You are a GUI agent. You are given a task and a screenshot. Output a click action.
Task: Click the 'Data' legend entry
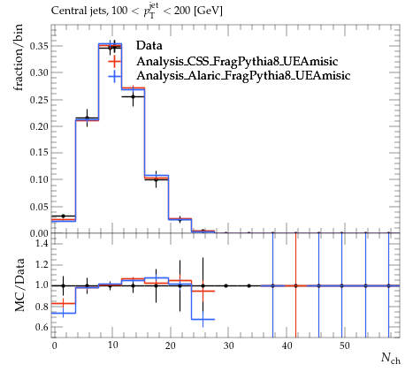pos(149,46)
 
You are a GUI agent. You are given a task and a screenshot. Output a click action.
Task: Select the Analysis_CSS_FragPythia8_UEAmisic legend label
pos(237,61)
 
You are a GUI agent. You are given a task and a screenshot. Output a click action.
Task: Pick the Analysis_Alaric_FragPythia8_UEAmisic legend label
pos(243,76)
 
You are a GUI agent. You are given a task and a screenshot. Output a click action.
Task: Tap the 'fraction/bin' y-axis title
pos(19,57)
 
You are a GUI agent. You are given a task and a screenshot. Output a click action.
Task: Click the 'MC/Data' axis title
pos(19,285)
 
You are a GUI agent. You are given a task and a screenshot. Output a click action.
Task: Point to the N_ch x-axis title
pos(391,358)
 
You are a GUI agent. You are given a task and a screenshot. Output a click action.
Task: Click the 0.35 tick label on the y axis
pos(39,46)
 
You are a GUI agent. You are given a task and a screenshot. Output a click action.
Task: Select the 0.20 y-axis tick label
pos(39,126)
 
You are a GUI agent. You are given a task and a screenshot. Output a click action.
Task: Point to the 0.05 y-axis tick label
pos(39,207)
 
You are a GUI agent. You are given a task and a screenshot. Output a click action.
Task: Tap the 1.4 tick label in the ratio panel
pos(42,243)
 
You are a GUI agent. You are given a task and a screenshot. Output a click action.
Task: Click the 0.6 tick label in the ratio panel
pos(42,327)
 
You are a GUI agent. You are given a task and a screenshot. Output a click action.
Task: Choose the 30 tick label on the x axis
pos(228,345)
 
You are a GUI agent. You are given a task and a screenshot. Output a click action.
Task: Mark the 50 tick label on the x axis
pos(345,345)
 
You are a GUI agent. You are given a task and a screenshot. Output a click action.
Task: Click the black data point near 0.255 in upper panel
pos(133,96)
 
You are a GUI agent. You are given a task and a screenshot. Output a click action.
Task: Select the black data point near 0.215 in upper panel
pos(87,118)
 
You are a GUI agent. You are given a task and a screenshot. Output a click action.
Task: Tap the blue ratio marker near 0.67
pos(203,319)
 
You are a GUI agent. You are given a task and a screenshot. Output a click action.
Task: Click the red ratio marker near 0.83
pos(63,303)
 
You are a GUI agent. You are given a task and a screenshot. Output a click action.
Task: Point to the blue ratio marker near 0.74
pos(63,313)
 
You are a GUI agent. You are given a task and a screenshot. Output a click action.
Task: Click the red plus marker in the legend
pos(114,61)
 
